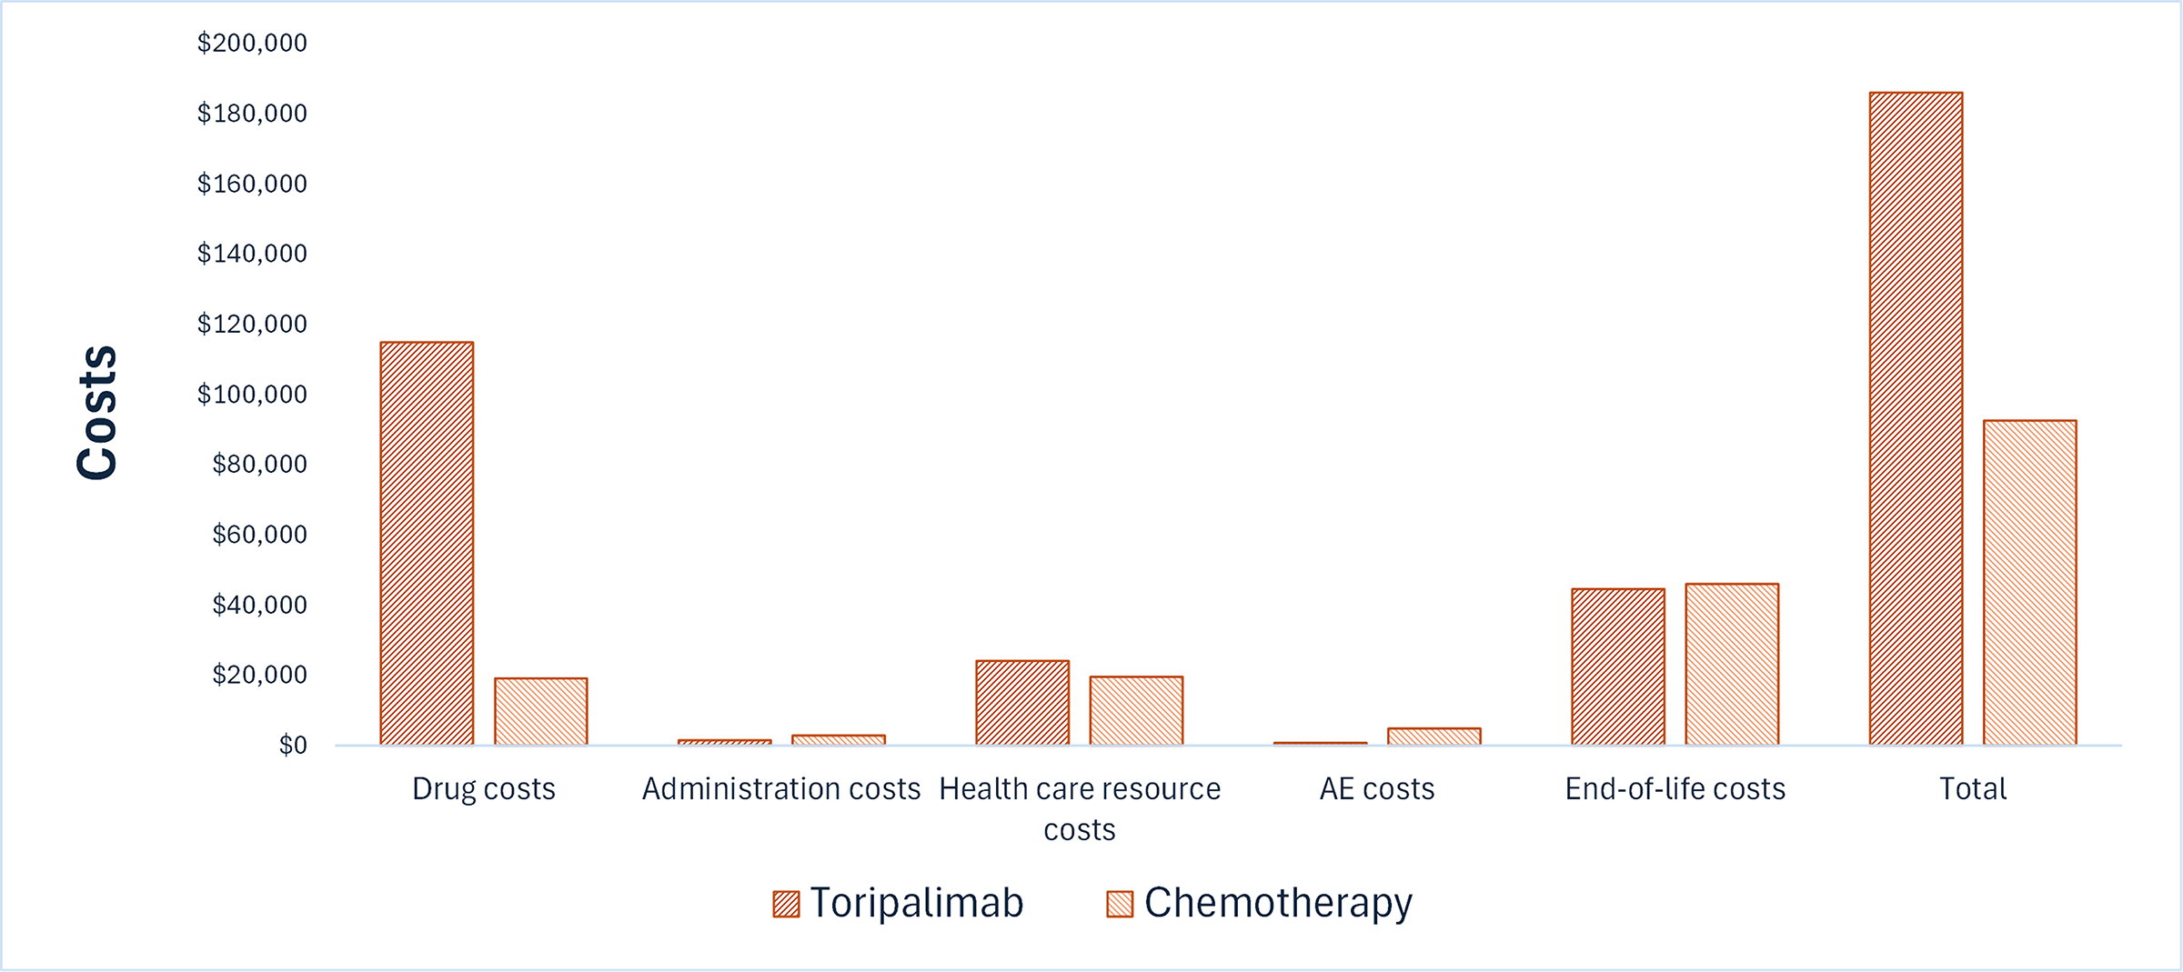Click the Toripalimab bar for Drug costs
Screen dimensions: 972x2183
pyautogui.click(x=427, y=544)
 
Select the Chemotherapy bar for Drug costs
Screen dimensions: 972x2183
pyautogui.click(x=540, y=712)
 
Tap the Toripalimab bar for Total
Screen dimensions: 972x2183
pyautogui.click(x=1916, y=418)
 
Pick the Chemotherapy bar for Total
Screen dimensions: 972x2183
pyautogui.click(x=2029, y=583)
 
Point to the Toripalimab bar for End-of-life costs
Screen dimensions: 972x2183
pyautogui.click(x=1618, y=666)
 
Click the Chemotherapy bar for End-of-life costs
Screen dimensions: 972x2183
pyautogui.click(x=1732, y=664)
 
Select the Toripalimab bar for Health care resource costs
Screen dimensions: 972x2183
pyautogui.click(x=1022, y=703)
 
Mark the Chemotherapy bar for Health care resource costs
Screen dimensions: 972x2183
pyautogui.click(x=1136, y=711)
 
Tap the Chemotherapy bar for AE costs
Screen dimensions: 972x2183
pyautogui.click(x=1434, y=737)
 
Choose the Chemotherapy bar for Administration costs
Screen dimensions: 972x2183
pyautogui.click(x=839, y=740)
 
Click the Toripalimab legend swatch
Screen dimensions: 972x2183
pyautogui.click(x=786, y=904)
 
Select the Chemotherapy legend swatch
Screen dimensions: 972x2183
pyautogui.click(x=1120, y=904)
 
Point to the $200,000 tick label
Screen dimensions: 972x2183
pyautogui.click(x=252, y=43)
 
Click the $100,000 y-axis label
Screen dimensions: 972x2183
pyautogui.click(x=252, y=395)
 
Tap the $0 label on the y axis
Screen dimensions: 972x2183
pyautogui.click(x=293, y=746)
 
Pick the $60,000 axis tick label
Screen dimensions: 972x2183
pyautogui.click(x=259, y=535)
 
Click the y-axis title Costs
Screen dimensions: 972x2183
pyautogui.click(x=97, y=412)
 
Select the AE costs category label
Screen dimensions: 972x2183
pyautogui.click(x=1377, y=789)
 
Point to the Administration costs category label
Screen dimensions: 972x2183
pyautogui.click(x=781, y=789)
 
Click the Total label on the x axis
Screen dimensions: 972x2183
pyautogui.click(x=1973, y=789)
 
